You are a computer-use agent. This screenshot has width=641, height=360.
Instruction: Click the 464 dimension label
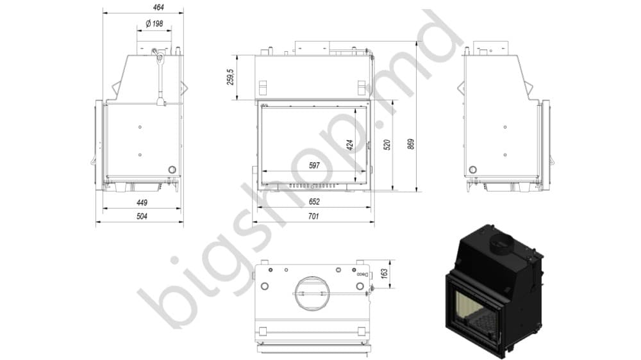point(158,7)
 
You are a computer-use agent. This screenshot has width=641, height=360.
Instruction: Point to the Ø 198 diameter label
point(154,24)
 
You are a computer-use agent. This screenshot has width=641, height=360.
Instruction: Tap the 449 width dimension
point(142,202)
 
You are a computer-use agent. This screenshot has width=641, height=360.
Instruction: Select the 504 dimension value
point(142,217)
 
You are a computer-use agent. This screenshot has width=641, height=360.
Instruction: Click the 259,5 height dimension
point(231,77)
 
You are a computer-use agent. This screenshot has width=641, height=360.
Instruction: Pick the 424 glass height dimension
point(350,145)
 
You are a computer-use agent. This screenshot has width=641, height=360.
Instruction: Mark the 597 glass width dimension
point(314,165)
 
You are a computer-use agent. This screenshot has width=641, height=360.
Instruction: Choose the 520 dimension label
point(387,145)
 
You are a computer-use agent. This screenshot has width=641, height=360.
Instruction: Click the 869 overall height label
point(412,144)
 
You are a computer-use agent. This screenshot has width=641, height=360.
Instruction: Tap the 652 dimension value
point(314,202)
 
